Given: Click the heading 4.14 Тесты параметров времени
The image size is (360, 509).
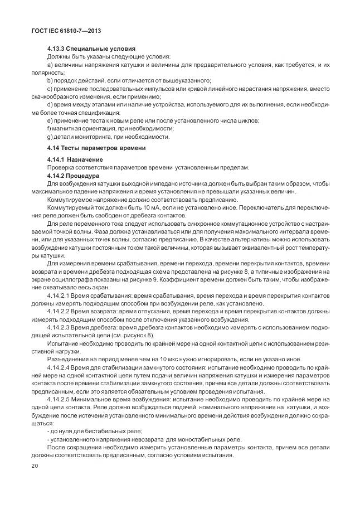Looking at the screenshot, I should coord(96,148).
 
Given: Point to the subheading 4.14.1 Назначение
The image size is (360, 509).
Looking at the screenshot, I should coord(75,160).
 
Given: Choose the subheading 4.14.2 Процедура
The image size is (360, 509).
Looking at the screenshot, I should coord(73,176).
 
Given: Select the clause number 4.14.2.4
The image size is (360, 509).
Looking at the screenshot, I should coord(60,369).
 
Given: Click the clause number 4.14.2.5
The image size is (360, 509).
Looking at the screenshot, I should coord(60,400).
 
